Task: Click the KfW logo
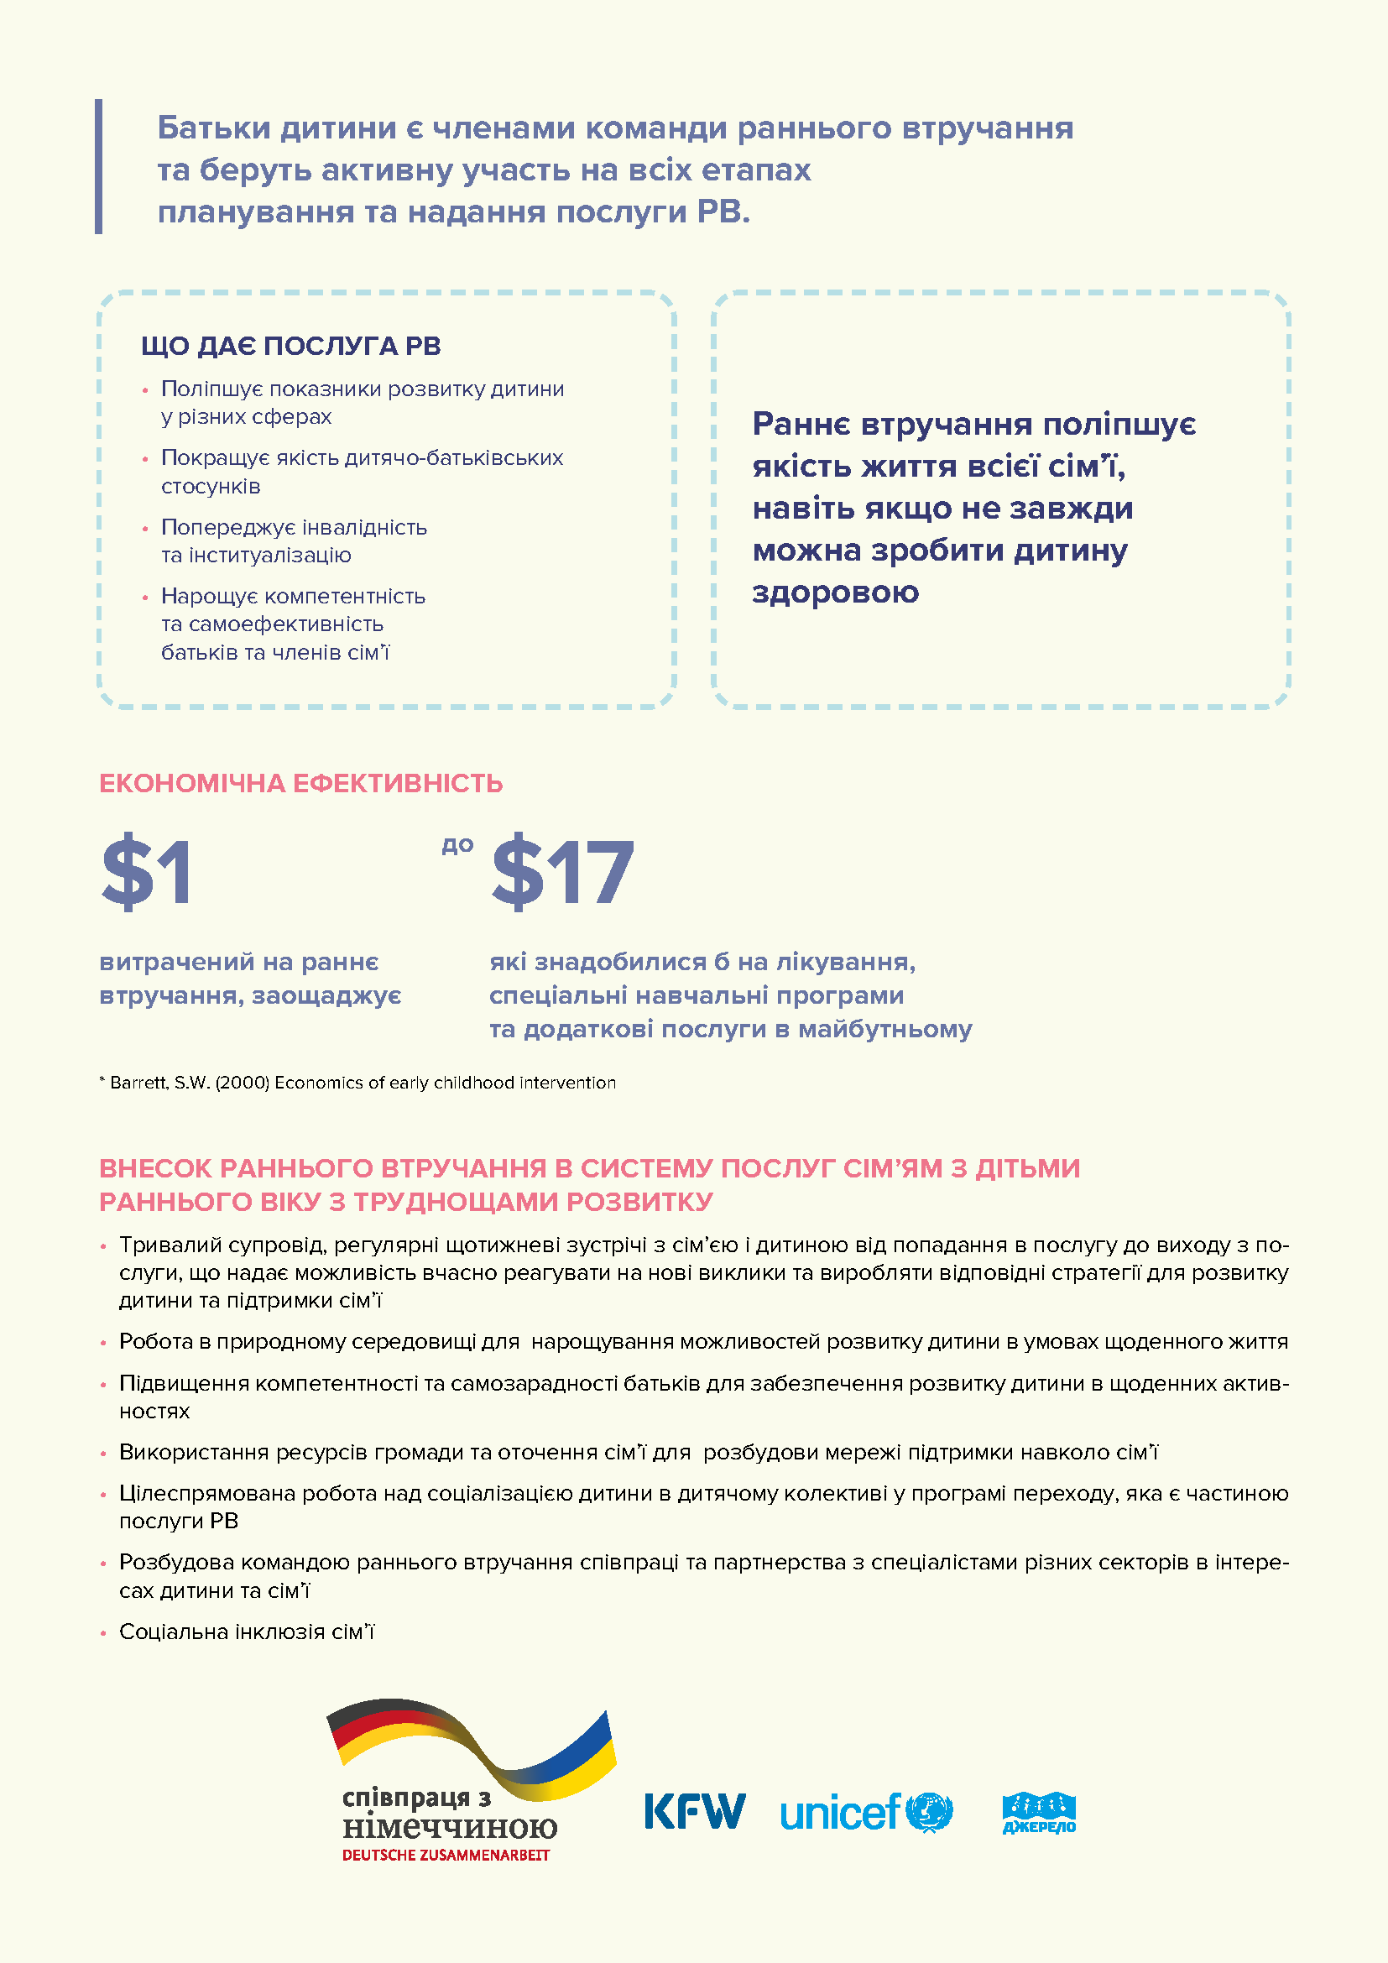pos(694,1811)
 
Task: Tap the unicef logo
pos(865,1812)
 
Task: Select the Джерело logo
pos(1038,1813)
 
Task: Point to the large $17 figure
pos(562,872)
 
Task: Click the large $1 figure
pos(147,872)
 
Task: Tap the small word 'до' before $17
pos(457,845)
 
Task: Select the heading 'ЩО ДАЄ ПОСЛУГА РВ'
pos(290,347)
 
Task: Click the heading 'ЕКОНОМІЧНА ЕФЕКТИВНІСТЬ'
pos(301,783)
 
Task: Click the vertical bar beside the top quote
pos(98,166)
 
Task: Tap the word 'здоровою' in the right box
pos(835,592)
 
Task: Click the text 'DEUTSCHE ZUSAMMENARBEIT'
pos(446,1855)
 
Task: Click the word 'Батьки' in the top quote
pos(214,128)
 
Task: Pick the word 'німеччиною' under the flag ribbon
pos(450,1827)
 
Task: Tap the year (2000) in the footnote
pos(242,1083)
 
